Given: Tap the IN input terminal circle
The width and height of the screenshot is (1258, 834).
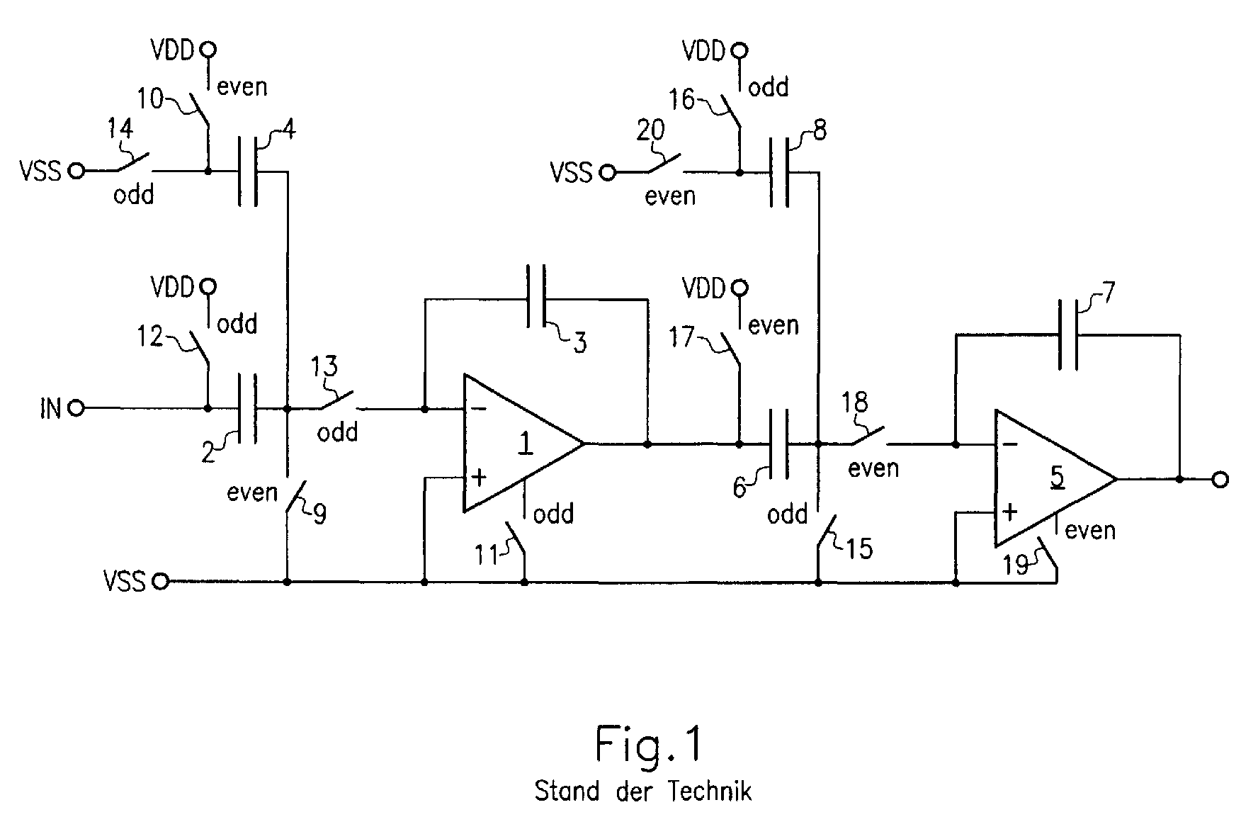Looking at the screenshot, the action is click(76, 408).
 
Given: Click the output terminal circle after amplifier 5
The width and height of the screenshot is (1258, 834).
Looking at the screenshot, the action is click(1220, 480).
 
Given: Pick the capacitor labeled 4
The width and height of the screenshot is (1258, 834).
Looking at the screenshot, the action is click(248, 171).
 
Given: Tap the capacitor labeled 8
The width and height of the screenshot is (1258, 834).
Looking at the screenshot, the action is click(779, 171).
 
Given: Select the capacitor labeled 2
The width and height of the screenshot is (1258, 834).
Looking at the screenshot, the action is click(248, 408).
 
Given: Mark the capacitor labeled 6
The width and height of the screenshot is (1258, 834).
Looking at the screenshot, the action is click(779, 444).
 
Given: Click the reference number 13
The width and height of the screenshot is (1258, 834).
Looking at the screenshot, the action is click(325, 366).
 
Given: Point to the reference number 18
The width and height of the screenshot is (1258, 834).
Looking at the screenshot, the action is click(854, 402).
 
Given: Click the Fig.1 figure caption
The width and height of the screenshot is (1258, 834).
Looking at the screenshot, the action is click(648, 744).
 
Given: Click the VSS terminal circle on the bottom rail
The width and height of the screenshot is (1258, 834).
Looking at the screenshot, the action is click(161, 582).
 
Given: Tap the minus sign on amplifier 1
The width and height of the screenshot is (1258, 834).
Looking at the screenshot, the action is click(479, 409).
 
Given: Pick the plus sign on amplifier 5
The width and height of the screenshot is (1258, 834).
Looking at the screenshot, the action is click(1011, 512).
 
